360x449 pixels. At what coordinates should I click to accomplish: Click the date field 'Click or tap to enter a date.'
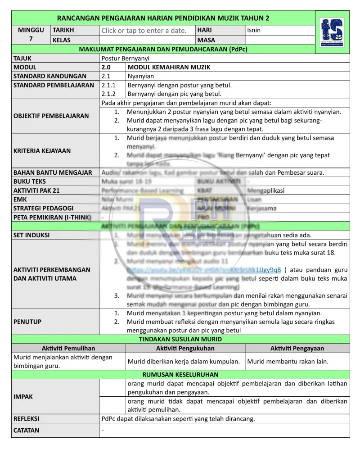pos(144,31)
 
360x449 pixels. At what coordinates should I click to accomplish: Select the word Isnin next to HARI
pos(254,30)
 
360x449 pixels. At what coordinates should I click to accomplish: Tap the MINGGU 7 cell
pos(31,35)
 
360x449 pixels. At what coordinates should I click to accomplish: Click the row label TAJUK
pos(22,58)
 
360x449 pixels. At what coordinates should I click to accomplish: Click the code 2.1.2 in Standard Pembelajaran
pos(108,94)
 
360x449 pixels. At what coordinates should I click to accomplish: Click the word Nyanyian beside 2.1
pos(140,76)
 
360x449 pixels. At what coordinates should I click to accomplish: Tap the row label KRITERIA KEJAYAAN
pos(42,151)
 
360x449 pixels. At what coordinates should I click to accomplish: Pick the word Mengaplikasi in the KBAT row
pos(266,190)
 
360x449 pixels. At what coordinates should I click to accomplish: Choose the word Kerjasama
pos(262,209)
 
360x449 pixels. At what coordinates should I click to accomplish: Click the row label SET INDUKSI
pos(31,235)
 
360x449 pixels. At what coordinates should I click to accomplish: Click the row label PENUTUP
pos(27,322)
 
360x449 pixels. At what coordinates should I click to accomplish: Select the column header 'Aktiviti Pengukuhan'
pos(185,348)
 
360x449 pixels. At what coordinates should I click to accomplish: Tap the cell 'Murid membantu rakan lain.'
pos(288,361)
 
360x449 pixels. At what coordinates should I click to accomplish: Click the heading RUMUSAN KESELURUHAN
pos(180,374)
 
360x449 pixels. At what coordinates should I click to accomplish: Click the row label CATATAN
pos(26,430)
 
